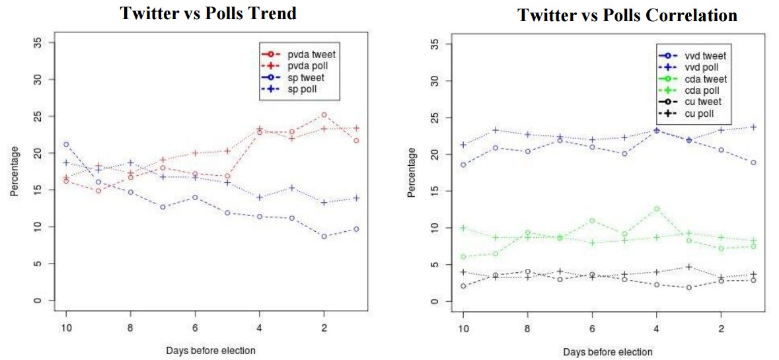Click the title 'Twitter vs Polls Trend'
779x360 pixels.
click(207, 13)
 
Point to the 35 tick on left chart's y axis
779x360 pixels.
click(37, 43)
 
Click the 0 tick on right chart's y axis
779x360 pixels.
click(433, 302)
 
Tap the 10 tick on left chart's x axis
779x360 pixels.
click(66, 328)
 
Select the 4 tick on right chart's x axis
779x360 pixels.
click(656, 330)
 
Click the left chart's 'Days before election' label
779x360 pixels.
click(211, 350)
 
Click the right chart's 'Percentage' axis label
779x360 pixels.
click(412, 172)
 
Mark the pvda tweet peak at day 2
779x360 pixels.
click(324, 115)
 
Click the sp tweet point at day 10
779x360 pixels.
click(66, 144)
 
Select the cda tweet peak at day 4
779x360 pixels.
click(656, 209)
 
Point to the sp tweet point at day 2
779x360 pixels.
click(324, 236)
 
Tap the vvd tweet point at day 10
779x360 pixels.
click(463, 165)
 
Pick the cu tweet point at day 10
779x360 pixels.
click(463, 286)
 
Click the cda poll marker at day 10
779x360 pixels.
click(463, 228)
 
